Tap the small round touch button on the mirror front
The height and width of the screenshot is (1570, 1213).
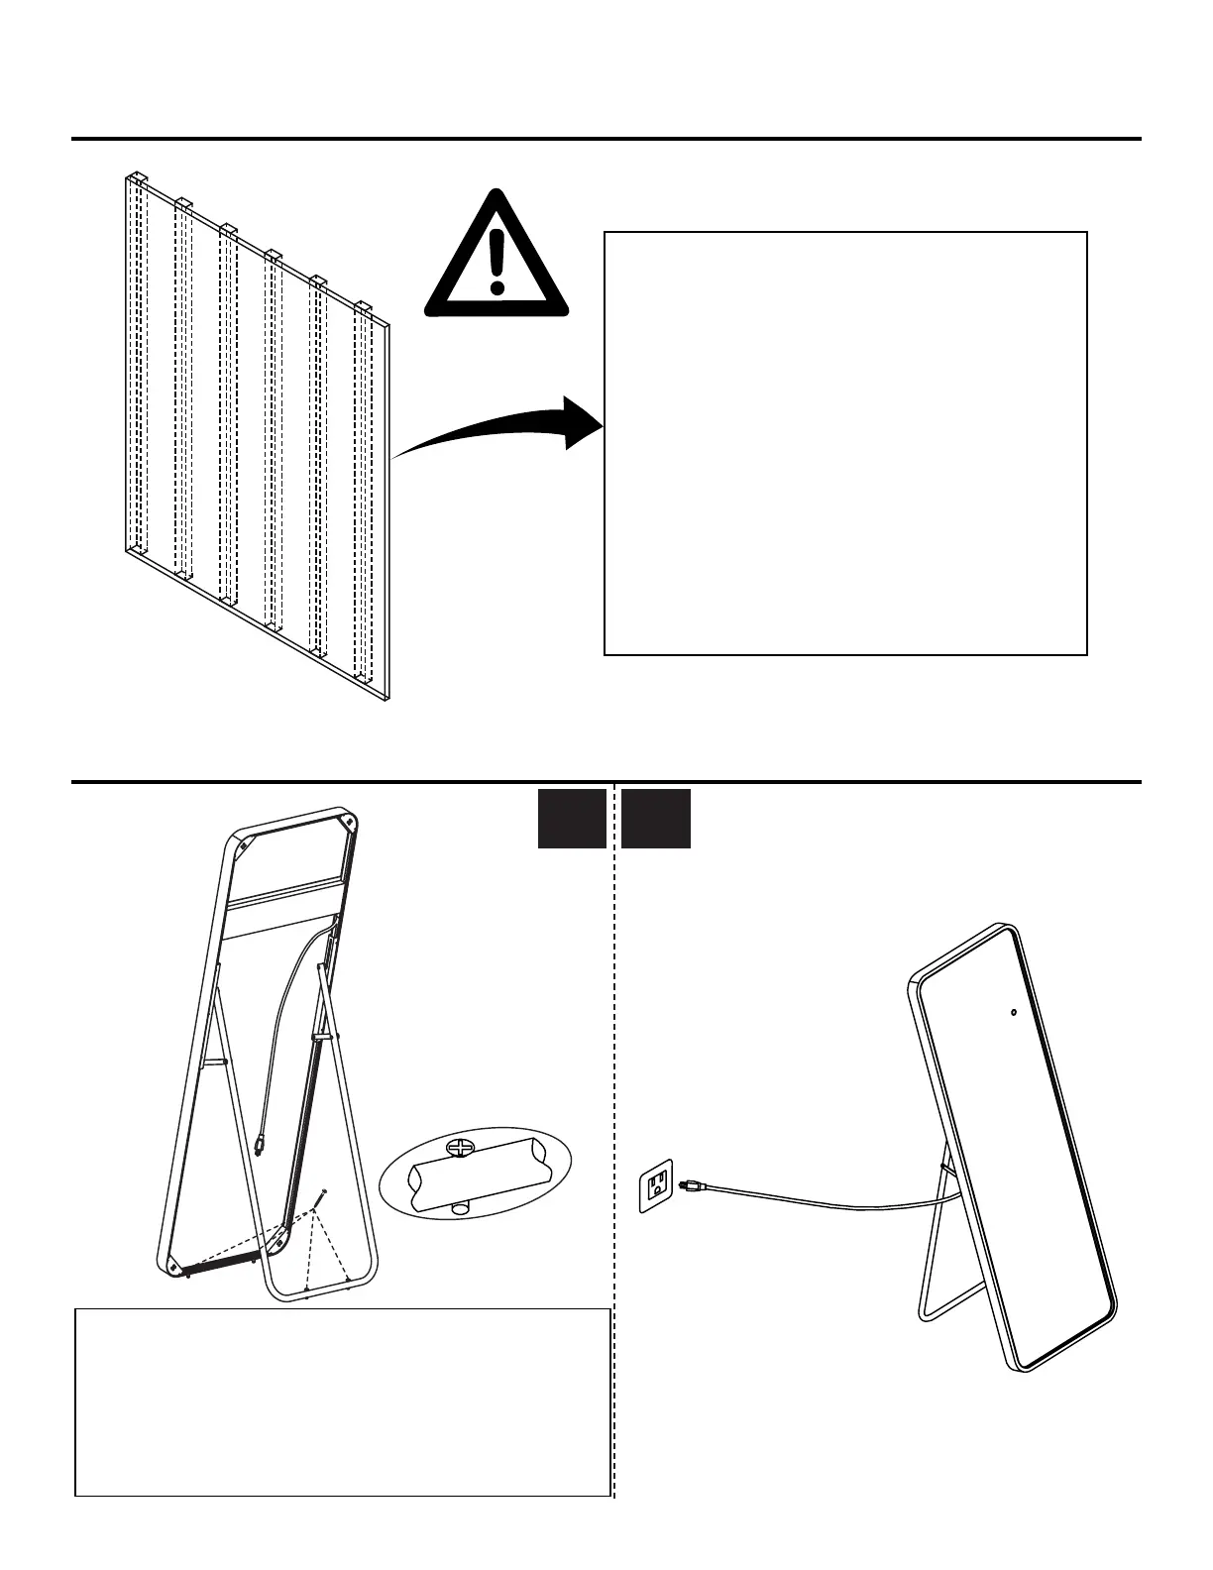point(1013,1012)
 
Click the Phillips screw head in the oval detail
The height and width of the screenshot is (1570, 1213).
point(461,1149)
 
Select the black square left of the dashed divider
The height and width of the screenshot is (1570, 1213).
point(572,819)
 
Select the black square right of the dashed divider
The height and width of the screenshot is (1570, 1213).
point(656,819)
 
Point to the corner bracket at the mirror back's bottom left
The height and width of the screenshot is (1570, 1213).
point(174,1266)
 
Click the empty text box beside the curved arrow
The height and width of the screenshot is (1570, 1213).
point(845,443)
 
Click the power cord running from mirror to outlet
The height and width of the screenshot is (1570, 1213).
point(823,1204)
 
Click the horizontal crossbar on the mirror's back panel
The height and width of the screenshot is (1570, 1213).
point(285,893)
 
